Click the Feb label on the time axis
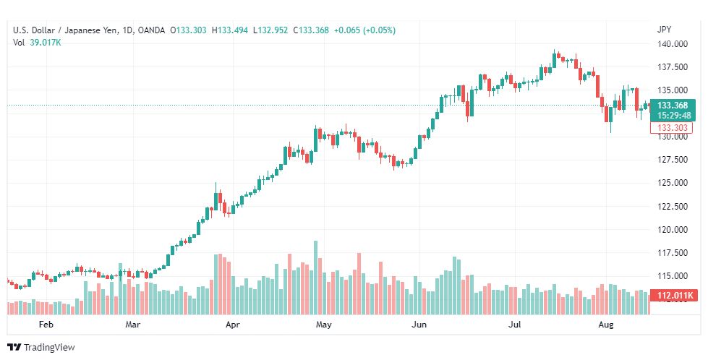pyautogui.click(x=46, y=325)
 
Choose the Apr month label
pyautogui.click(x=232, y=325)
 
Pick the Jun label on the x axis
pyautogui.click(x=419, y=325)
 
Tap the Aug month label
pyautogui.click(x=606, y=325)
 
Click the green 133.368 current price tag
pyautogui.click(x=673, y=106)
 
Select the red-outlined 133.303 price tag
pyautogui.click(x=672, y=127)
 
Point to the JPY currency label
pyautogui.click(x=664, y=30)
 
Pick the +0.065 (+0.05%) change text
pyautogui.click(x=362, y=30)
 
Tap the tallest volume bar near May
pyautogui.click(x=315, y=278)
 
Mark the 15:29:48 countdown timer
pyautogui.click(x=673, y=115)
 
